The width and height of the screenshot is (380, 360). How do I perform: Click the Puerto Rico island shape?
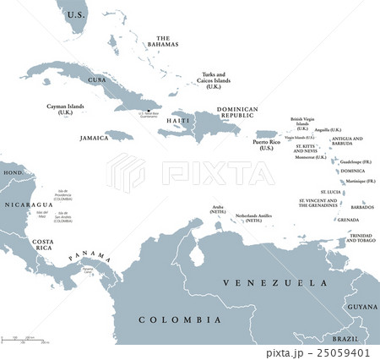pyautogui.click(x=266, y=134)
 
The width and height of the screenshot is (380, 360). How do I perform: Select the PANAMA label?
pyautogui.click(x=90, y=255)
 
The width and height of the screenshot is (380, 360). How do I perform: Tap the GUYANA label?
pyautogui.click(x=362, y=305)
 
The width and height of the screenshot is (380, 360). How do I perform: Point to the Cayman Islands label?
pyautogui.click(x=64, y=111)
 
